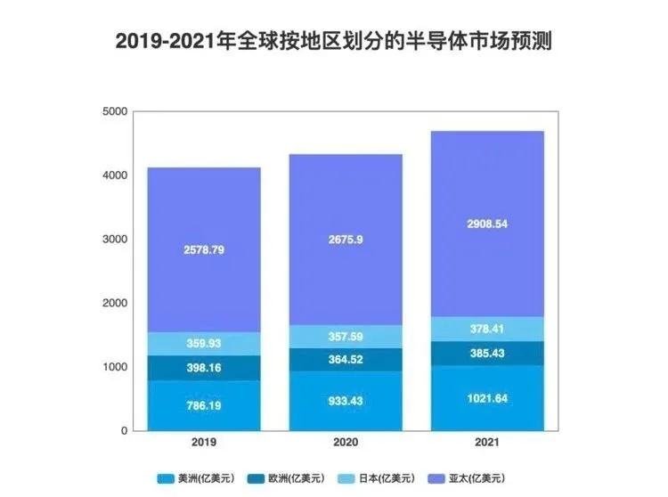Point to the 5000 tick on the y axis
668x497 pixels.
(x=116, y=111)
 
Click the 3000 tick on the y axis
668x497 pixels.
(x=116, y=239)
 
